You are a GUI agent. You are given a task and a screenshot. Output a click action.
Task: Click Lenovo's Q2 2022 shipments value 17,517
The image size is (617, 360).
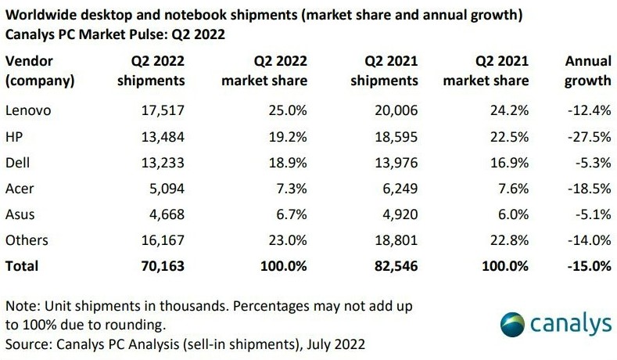161,110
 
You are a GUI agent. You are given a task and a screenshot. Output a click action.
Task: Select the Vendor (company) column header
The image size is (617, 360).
40,70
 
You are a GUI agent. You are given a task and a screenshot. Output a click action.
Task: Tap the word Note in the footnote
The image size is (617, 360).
20,304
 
